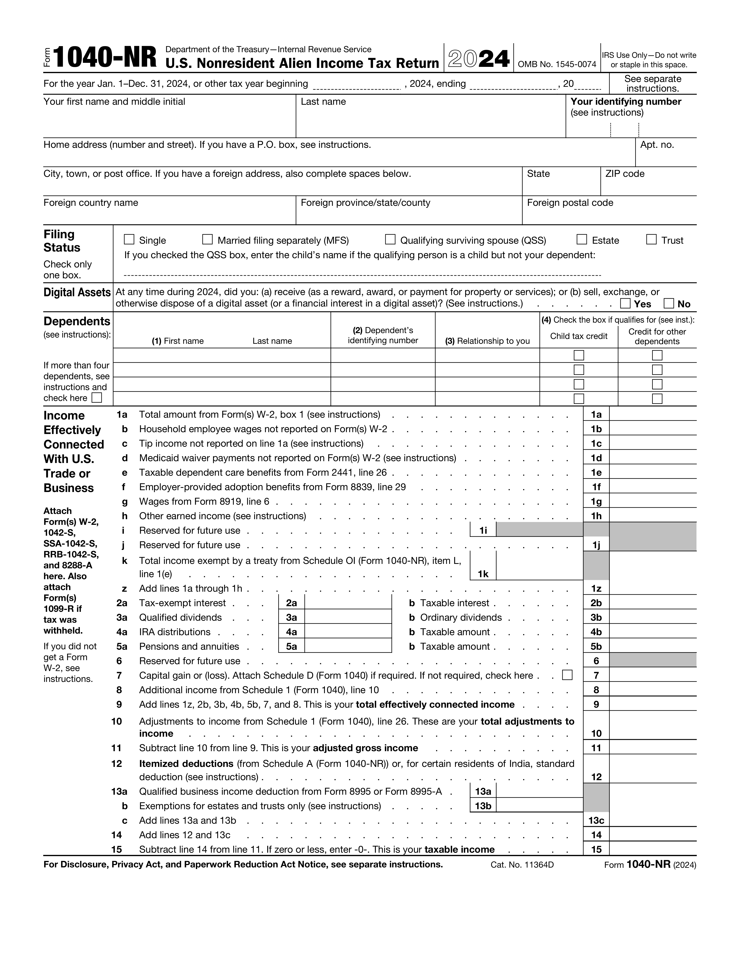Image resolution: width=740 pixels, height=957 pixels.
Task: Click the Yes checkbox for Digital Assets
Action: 626,303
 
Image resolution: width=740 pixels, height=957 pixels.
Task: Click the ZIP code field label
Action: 625,174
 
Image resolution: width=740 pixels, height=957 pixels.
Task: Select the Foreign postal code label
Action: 570,203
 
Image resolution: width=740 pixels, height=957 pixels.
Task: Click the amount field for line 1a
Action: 652,414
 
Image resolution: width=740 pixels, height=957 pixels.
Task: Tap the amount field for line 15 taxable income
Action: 652,849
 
